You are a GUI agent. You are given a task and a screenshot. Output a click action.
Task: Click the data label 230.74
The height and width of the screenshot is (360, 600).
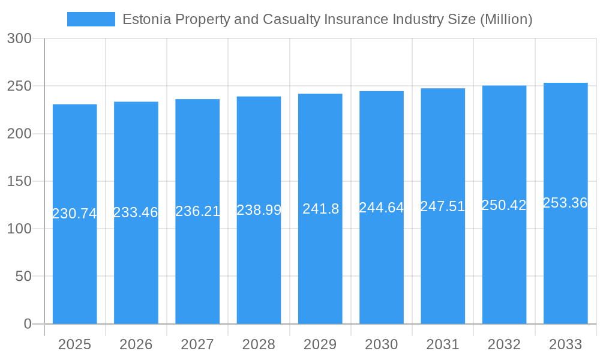(x=74, y=214)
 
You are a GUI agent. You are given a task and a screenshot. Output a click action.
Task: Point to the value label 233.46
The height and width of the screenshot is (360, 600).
(x=136, y=212)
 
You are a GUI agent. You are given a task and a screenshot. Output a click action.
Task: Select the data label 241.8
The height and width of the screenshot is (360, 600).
(x=320, y=209)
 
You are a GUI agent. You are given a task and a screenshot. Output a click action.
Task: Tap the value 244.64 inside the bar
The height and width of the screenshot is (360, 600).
(x=382, y=208)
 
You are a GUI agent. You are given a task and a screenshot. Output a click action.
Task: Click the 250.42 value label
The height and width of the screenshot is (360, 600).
(x=504, y=205)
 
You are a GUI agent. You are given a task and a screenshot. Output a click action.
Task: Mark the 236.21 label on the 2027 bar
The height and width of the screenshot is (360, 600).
(x=197, y=211)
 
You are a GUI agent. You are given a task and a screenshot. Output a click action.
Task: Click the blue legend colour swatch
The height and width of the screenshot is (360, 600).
(x=91, y=19)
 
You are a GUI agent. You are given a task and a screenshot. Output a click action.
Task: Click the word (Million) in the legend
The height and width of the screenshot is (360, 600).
(x=506, y=19)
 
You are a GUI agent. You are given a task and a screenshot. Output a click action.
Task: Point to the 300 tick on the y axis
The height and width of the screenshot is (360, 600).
(x=19, y=38)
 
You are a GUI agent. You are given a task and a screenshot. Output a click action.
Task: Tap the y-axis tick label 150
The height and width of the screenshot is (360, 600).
(x=19, y=181)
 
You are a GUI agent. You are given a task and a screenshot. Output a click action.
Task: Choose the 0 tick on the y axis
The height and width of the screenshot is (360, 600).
(x=28, y=324)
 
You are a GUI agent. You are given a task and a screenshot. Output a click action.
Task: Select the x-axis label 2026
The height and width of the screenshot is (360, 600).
(x=136, y=344)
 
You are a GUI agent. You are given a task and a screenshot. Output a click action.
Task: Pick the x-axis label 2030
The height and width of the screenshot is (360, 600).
(x=382, y=344)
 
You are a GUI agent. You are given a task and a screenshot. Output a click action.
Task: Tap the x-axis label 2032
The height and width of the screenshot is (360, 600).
(x=504, y=344)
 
